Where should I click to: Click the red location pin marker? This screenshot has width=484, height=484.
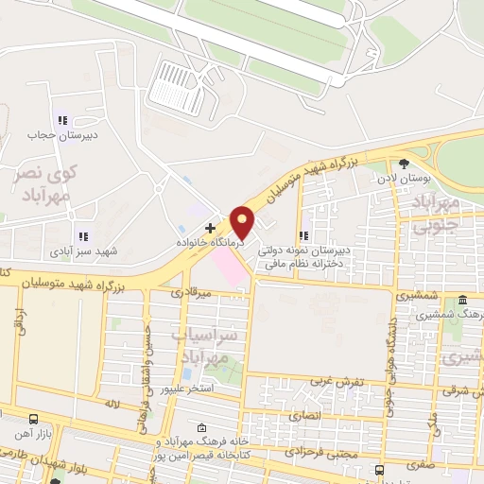click(x=243, y=222)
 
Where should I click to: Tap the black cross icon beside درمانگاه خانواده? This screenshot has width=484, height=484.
click(x=210, y=228)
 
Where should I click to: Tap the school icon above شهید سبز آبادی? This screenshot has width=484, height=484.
click(x=82, y=236)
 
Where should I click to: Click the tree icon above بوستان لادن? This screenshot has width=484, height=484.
click(x=405, y=164)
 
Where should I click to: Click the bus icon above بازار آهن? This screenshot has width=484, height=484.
click(x=34, y=418)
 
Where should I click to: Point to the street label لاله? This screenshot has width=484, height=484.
click(x=112, y=404)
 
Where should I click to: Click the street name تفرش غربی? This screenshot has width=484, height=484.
click(x=332, y=381)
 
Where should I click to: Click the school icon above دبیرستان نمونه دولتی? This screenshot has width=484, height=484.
click(x=303, y=236)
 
